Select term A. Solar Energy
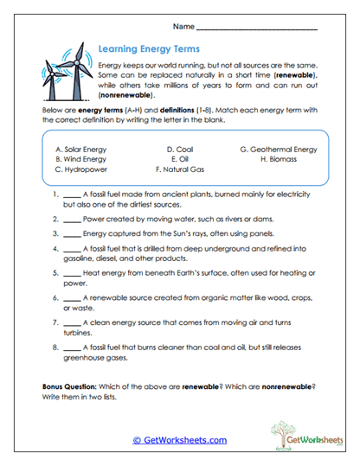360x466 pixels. [80, 149]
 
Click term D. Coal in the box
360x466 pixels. [181, 149]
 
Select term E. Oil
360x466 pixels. [179, 159]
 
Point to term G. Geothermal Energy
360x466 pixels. [278, 149]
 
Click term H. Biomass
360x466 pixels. [277, 159]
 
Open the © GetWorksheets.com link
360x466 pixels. [180, 439]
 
